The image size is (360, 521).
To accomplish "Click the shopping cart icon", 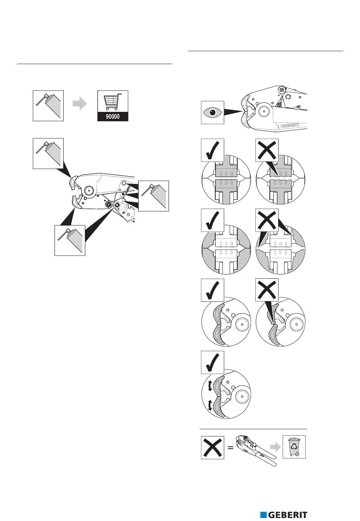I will (113, 101).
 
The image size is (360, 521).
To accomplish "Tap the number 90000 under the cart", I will (113, 117).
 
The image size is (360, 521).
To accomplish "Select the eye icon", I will (212, 112).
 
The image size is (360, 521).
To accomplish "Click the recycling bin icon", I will (294, 447).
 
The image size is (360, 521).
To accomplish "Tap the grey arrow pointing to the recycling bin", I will (275, 447).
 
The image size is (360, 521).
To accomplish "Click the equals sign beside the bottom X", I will (230, 447).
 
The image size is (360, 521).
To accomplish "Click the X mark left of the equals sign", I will (212, 447).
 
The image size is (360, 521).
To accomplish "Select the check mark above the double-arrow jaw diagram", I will (212, 363).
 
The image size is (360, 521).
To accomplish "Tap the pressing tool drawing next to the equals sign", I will (254, 449).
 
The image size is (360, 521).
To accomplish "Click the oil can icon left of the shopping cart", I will (48, 105).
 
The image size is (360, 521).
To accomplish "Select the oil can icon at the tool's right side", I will (153, 196).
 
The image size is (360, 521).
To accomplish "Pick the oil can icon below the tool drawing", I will (70, 240).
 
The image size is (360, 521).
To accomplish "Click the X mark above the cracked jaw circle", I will (267, 150).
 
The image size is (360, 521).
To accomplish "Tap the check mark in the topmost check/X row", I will (212, 150).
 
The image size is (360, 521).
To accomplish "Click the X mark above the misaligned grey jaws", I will (267, 290).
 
